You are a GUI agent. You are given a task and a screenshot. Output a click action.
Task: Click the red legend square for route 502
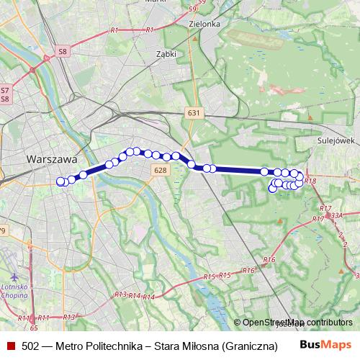click(x=10, y=346)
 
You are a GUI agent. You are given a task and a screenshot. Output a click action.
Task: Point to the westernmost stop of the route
click(x=60, y=181)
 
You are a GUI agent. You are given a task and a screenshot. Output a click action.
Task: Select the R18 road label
click(x=310, y=181)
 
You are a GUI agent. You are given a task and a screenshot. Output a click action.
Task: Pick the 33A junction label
click(x=336, y=215)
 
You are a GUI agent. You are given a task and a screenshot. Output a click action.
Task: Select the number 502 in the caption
click(x=30, y=346)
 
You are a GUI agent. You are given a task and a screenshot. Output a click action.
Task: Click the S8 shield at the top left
click(x=63, y=52)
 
